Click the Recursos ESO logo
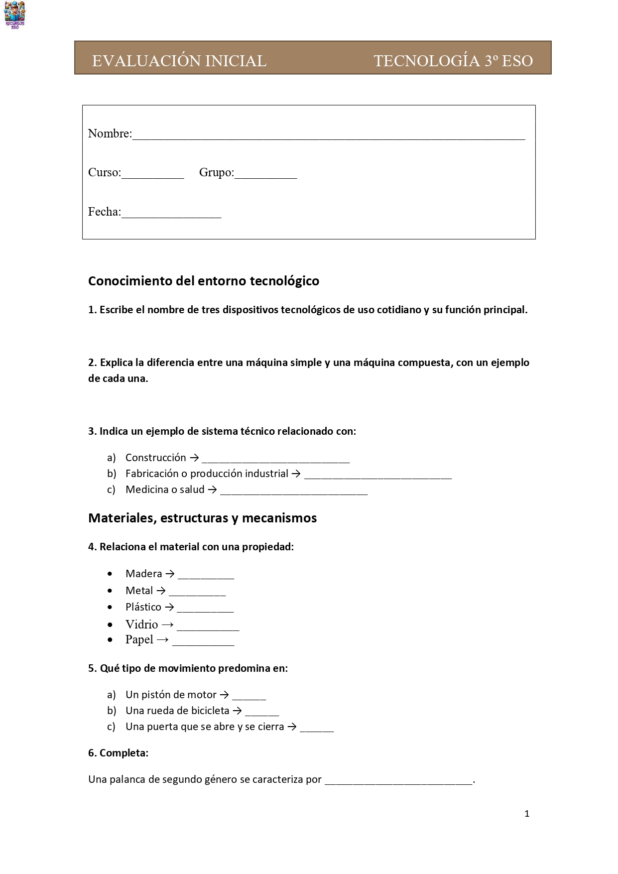[14, 14]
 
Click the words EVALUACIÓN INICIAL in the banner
[179, 61]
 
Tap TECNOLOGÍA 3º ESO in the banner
[453, 61]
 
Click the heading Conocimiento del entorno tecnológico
[204, 281]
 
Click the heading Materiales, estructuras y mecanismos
[202, 518]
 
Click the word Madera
[143, 574]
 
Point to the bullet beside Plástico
[110, 607]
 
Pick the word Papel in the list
[139, 639]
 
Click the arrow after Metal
[161, 591]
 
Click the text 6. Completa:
[118, 752]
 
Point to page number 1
[527, 814]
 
